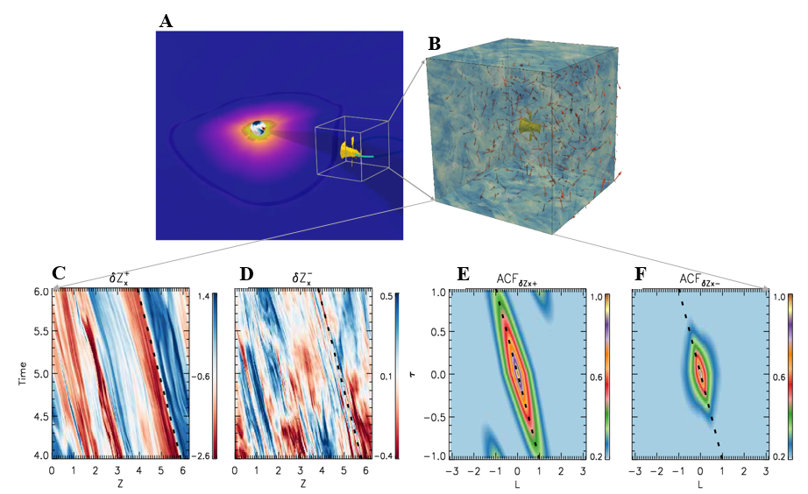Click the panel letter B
click(433, 43)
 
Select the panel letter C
click(60, 274)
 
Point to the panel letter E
click(464, 274)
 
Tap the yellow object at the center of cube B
click(526, 129)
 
